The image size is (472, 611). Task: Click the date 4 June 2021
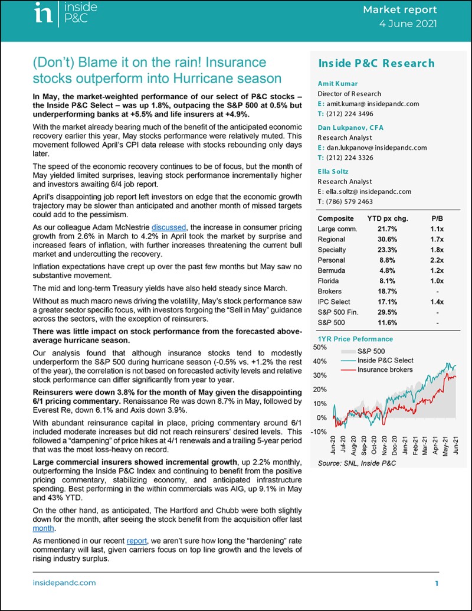pos(408,24)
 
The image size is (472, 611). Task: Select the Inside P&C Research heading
pos(368,63)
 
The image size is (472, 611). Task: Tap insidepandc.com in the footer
pos(64,583)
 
